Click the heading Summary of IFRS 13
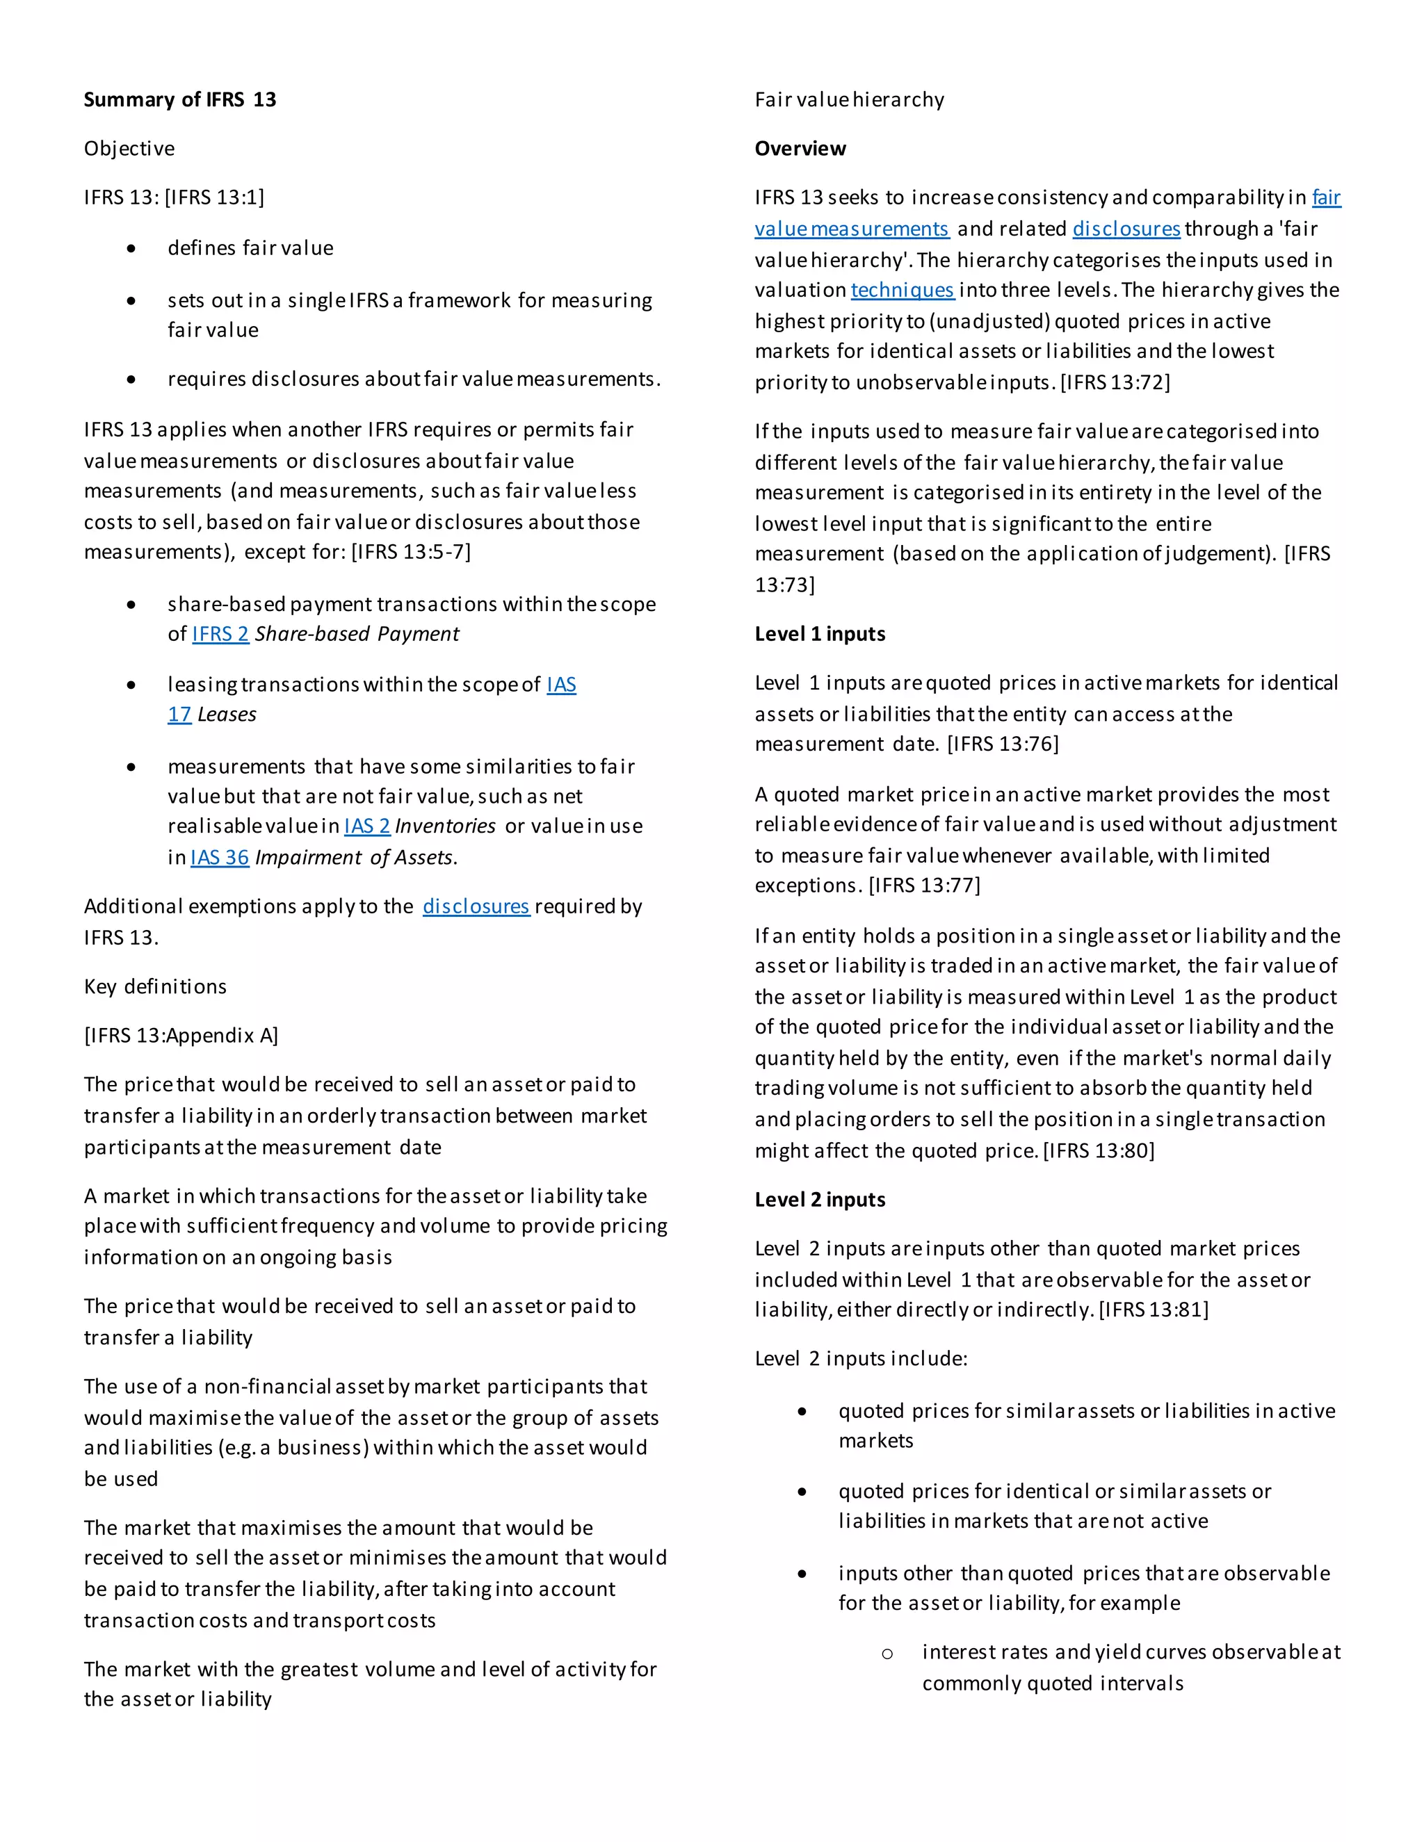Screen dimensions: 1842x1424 pyautogui.click(x=179, y=99)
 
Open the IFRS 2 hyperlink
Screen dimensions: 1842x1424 pyautogui.click(x=220, y=633)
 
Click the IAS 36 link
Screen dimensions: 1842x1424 pyautogui.click(x=219, y=857)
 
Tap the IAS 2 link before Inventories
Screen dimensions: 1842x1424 pyautogui.click(x=367, y=826)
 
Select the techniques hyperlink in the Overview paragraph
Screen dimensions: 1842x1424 pyautogui.click(x=902, y=290)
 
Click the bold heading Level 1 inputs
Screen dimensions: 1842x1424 pyautogui.click(x=820, y=633)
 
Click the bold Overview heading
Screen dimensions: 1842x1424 pyautogui.click(x=800, y=149)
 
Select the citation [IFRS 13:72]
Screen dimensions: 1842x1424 pyautogui.click(x=1115, y=382)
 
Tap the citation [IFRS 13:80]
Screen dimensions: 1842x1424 pyautogui.click(x=1099, y=1150)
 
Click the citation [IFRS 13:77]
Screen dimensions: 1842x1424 pyautogui.click(x=925, y=885)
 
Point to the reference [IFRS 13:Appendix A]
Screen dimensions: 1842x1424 pyautogui.click(x=181, y=1035)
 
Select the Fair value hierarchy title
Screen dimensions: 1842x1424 pyautogui.click(x=850, y=99)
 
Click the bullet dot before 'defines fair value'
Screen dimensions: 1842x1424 pyautogui.click(x=131, y=248)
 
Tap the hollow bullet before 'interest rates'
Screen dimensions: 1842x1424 pyautogui.click(x=887, y=1653)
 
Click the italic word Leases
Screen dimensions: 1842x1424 pyautogui.click(x=227, y=715)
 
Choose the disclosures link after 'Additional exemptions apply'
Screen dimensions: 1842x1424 pyautogui.click(x=476, y=906)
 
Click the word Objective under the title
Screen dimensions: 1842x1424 pyautogui.click(x=129, y=149)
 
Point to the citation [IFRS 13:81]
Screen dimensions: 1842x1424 pyautogui.click(x=1154, y=1309)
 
